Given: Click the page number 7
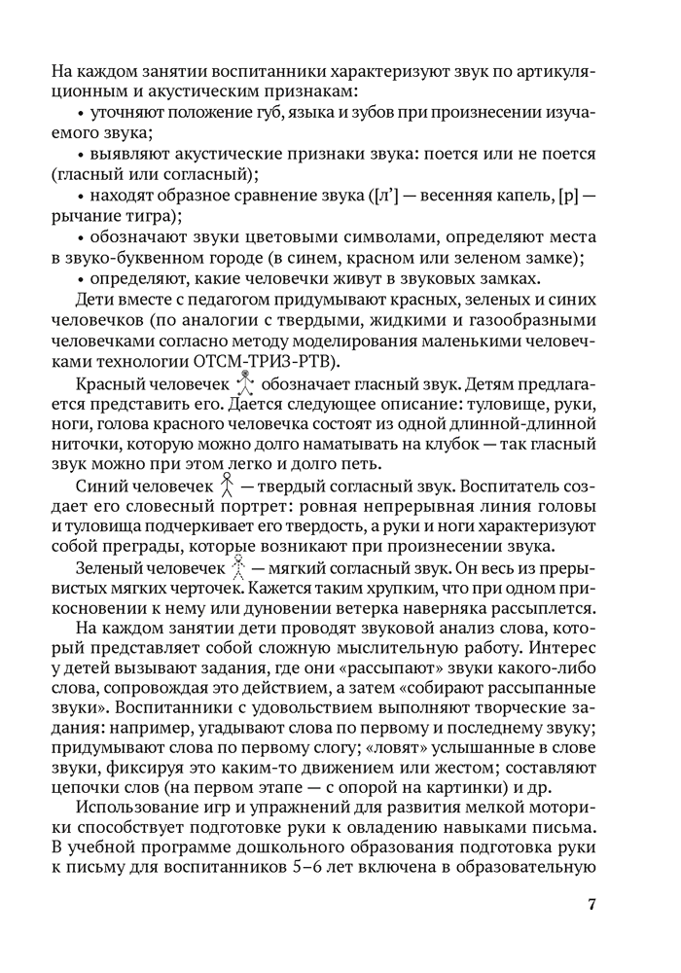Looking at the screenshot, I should pyautogui.click(x=591, y=904).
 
